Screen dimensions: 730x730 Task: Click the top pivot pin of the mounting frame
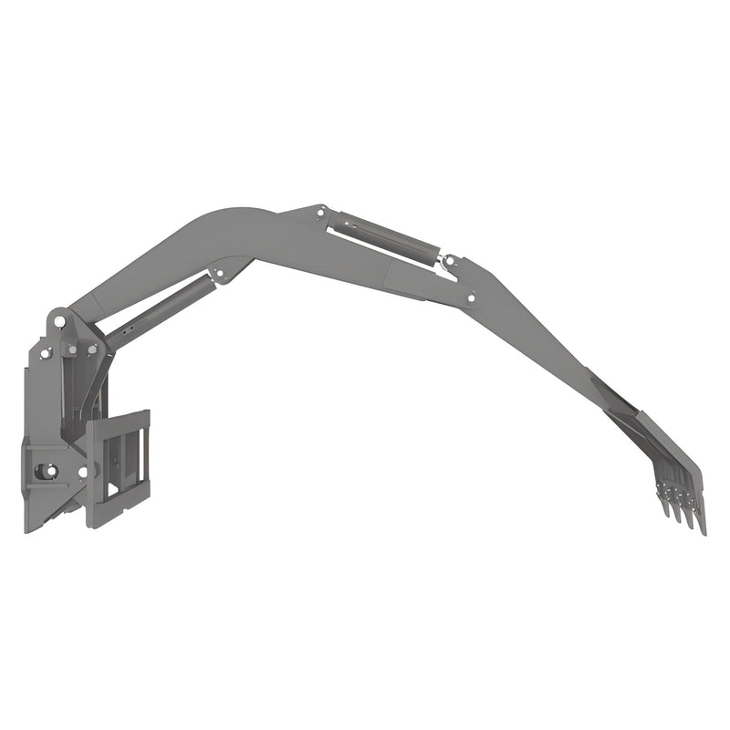[x=59, y=320]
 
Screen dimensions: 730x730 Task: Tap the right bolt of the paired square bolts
[x=91, y=349]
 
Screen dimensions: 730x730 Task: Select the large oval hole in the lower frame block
[x=45, y=471]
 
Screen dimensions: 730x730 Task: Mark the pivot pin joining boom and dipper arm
[x=471, y=297]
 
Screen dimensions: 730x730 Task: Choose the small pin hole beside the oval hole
[x=83, y=472]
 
